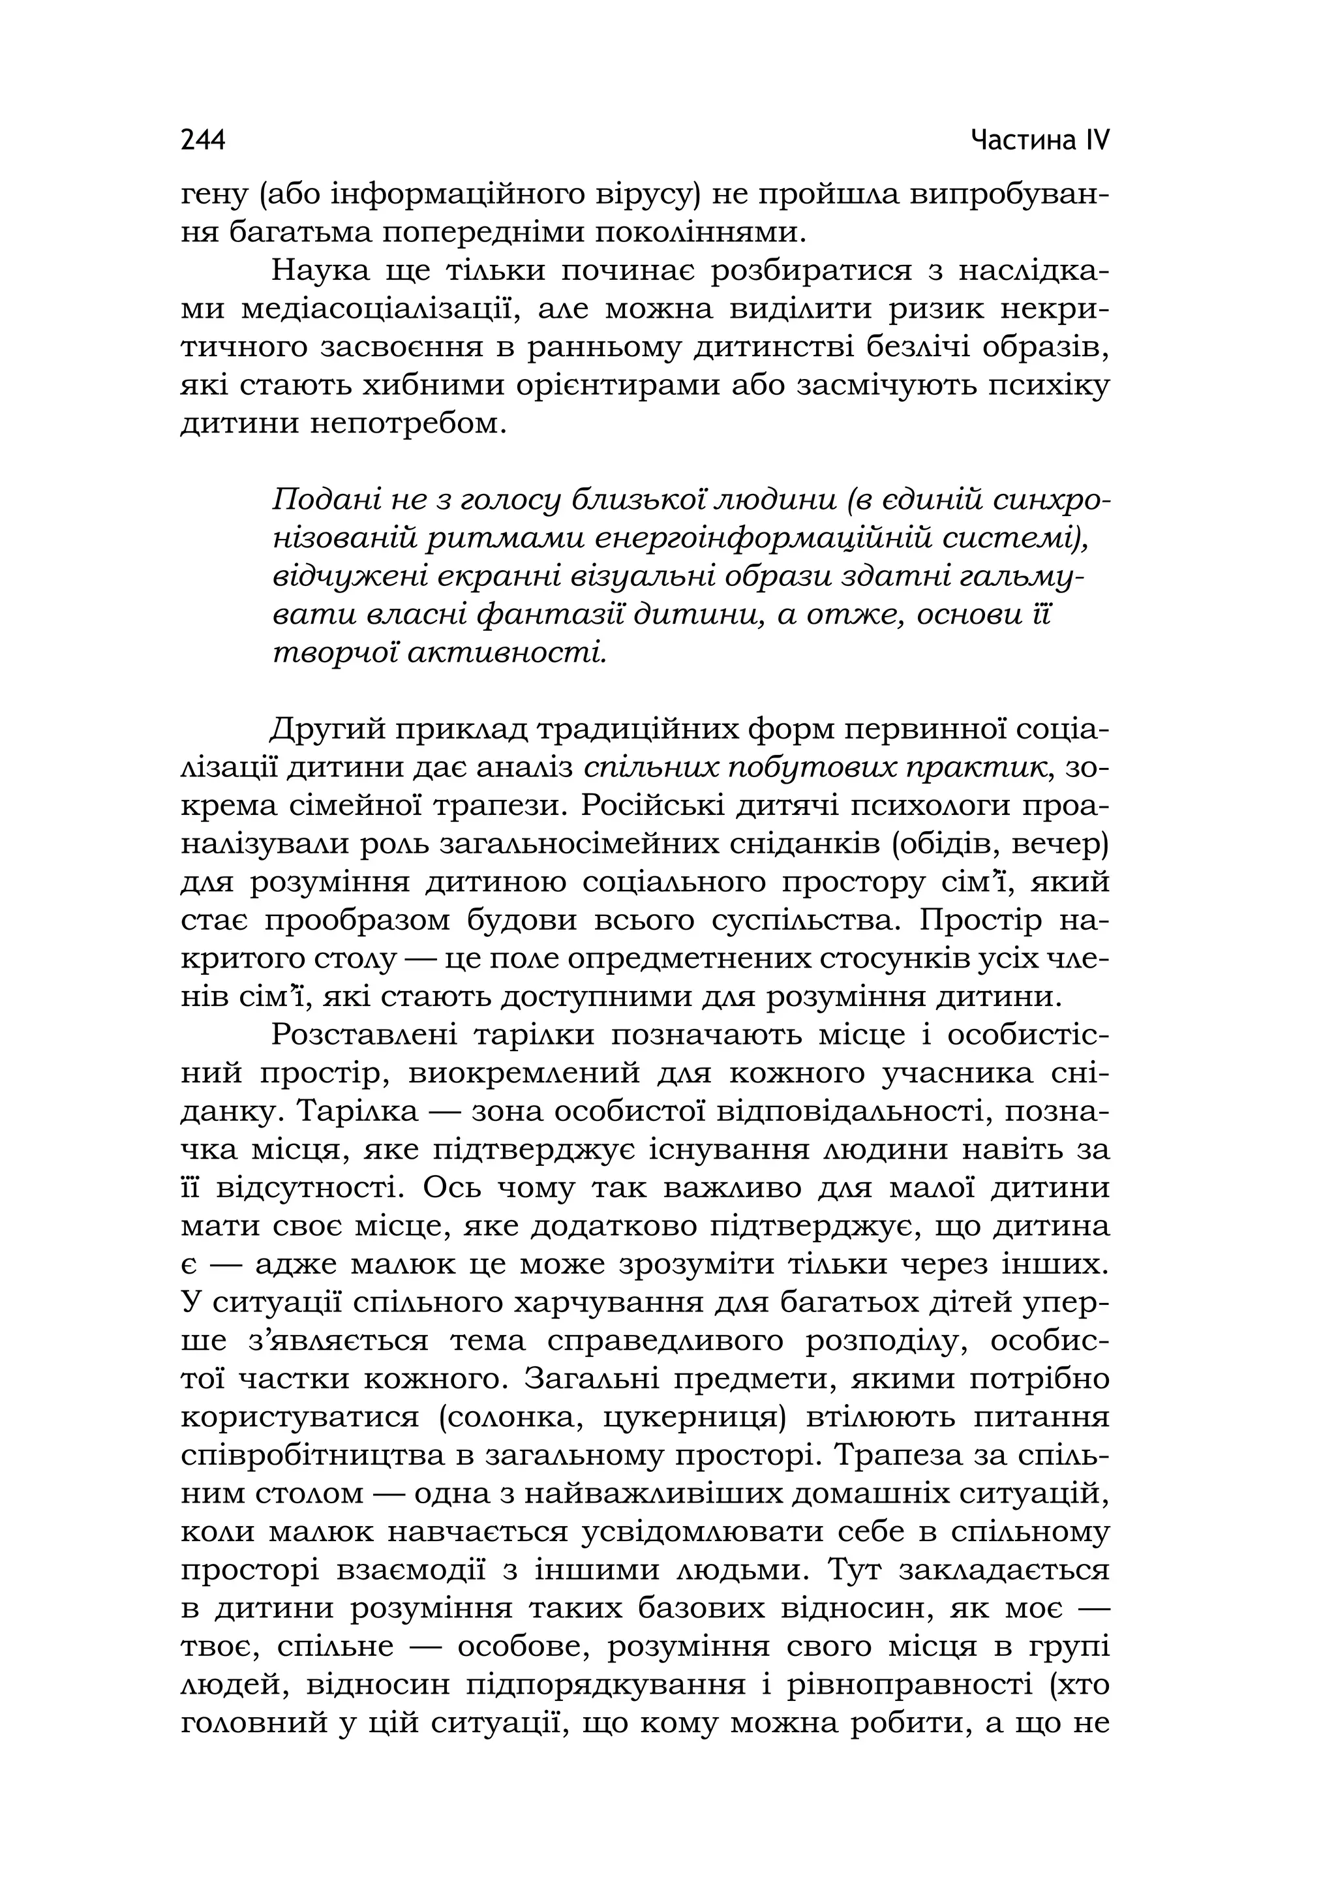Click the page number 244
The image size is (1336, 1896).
tap(202, 140)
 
